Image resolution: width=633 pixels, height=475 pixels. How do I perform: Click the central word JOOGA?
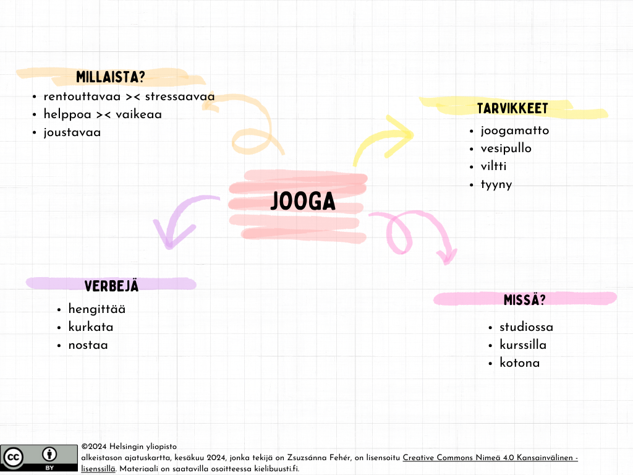tap(303, 202)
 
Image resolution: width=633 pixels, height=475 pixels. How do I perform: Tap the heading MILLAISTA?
tap(111, 77)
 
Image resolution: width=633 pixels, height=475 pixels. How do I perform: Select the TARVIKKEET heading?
tap(512, 109)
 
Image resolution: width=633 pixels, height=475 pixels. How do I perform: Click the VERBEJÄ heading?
tap(111, 286)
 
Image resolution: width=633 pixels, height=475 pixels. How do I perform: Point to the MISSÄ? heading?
tap(525, 300)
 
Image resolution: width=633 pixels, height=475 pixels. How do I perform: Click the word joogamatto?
tap(514, 131)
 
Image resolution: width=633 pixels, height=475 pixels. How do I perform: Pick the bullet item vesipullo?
tap(506, 148)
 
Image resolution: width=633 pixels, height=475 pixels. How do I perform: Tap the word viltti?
tap(493, 166)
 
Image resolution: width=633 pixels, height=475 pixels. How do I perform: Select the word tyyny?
tap(496, 184)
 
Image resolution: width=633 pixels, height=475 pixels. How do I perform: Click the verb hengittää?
tap(96, 309)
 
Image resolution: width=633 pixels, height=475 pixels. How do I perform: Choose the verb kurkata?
tap(90, 327)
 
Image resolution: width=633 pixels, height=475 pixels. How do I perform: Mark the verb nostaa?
tap(88, 345)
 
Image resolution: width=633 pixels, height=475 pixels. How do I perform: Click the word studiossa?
tap(526, 327)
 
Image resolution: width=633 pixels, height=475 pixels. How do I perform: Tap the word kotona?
tap(519, 363)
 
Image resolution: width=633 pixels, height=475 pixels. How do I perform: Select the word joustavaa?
tap(72, 132)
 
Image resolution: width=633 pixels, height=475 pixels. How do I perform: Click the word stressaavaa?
tap(180, 96)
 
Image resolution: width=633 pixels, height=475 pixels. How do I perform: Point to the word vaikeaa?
tap(138, 114)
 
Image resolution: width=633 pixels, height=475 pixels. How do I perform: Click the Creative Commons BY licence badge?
tap(38, 458)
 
